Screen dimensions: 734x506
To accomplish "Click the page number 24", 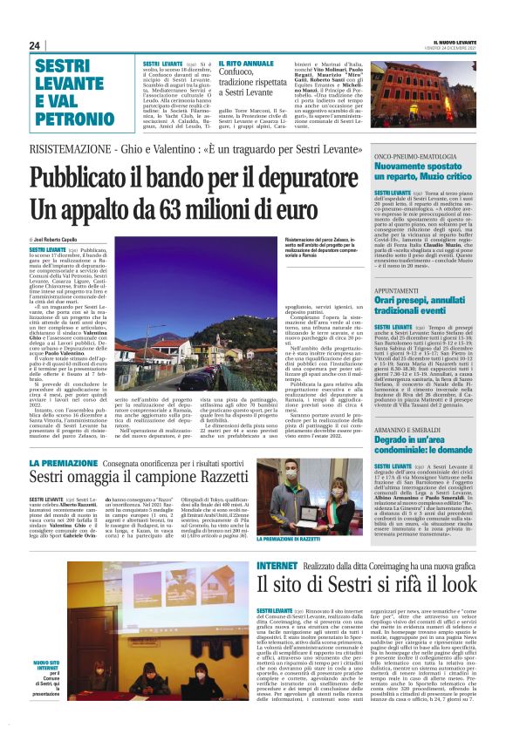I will (x=35, y=45).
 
